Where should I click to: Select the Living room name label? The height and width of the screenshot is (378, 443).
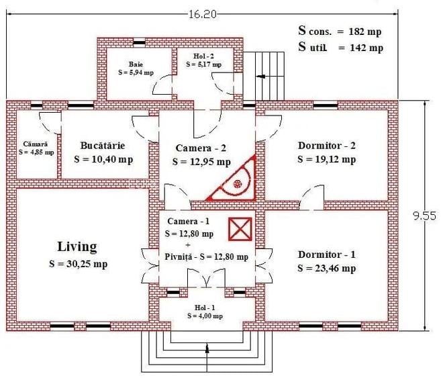[77, 247]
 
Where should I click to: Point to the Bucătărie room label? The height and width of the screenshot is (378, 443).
[103, 145]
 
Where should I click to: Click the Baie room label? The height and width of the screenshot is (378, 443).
[136, 64]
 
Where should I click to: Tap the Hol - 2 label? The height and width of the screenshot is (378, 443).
[204, 56]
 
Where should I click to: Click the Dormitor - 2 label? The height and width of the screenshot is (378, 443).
[326, 146]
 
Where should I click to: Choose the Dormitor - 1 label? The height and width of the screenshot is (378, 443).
[326, 254]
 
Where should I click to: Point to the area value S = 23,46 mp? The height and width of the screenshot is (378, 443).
[326, 269]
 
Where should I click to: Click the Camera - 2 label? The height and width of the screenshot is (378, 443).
[201, 148]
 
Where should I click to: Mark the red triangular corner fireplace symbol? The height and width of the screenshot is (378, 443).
[235, 181]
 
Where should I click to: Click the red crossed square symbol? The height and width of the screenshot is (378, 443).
[240, 230]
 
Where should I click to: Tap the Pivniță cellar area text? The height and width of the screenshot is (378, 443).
[206, 256]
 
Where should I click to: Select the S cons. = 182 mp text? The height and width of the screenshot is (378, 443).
[340, 31]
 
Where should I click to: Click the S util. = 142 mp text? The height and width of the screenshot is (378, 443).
[340, 48]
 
